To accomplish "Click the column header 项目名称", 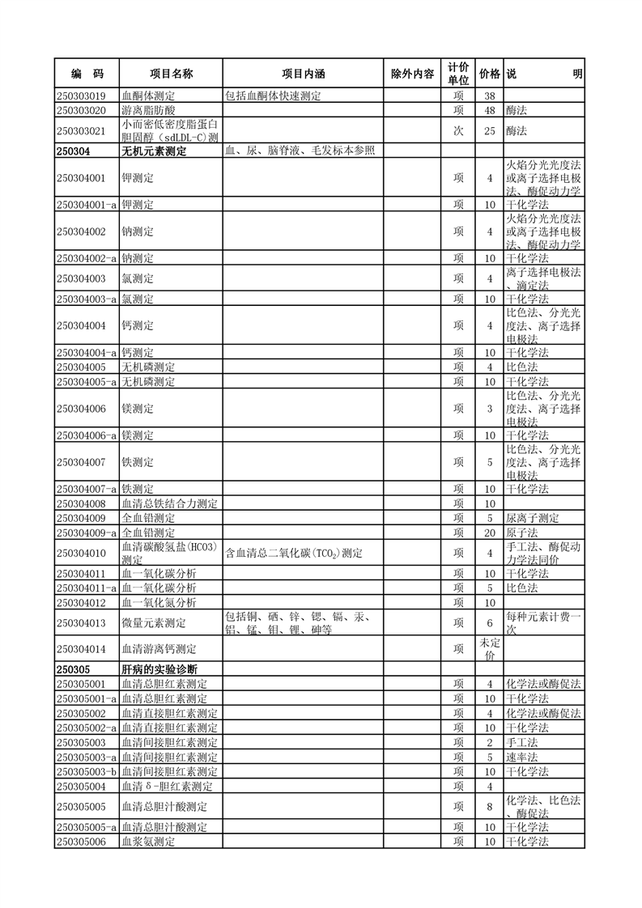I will (x=171, y=74).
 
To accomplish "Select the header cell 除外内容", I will (x=412, y=74).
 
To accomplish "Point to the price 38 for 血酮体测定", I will (x=489, y=96).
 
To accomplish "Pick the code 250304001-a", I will (x=87, y=205).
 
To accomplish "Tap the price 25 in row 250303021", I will (x=489, y=130).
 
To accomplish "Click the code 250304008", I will (x=81, y=504).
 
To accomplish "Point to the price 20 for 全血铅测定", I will (x=489, y=532).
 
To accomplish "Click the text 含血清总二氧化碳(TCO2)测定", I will (x=294, y=554).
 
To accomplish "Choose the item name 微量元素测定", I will (x=154, y=622).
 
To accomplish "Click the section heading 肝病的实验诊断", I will (x=159, y=670).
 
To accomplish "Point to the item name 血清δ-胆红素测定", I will (x=167, y=786).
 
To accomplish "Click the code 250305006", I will (x=81, y=842).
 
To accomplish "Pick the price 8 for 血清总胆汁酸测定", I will (x=489, y=806).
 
